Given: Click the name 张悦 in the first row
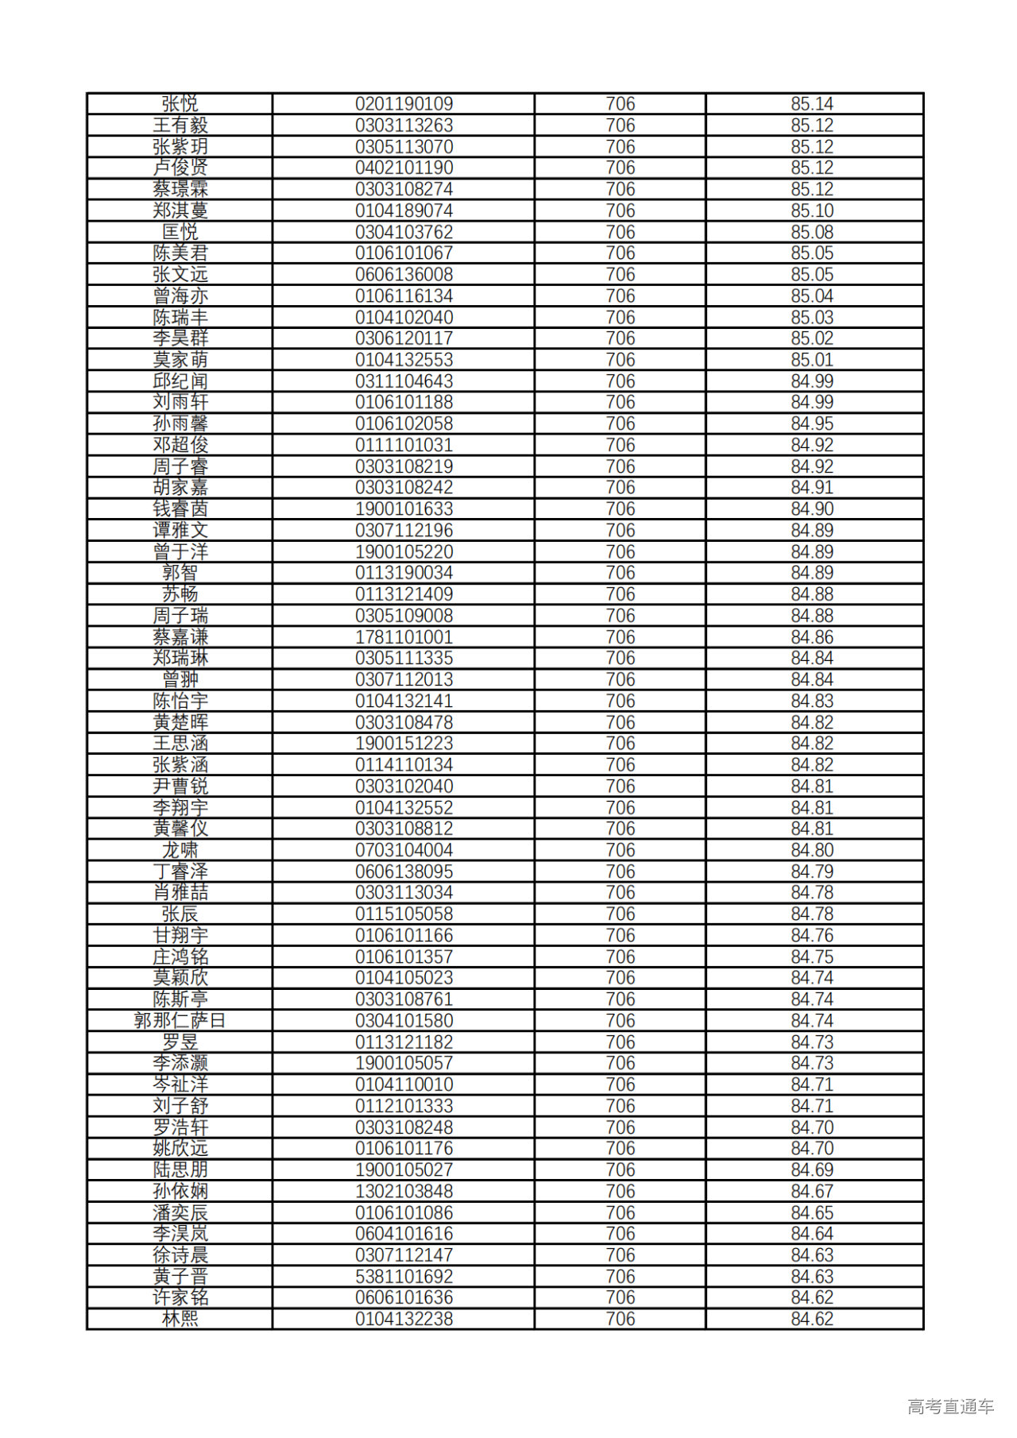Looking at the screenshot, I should click(x=180, y=104).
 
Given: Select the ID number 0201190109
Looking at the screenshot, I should click(x=404, y=104).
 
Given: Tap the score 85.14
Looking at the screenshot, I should click(x=811, y=104).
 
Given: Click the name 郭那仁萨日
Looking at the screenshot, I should click(x=180, y=1021).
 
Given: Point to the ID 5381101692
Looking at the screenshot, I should click(x=404, y=1277).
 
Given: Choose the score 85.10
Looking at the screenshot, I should click(x=811, y=211).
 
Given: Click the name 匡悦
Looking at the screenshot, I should click(x=180, y=232).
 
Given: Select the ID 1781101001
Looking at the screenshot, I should click(x=404, y=637).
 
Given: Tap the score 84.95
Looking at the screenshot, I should click(x=811, y=423).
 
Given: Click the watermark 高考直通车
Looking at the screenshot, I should click(x=950, y=1406).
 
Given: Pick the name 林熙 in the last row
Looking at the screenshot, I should click(x=180, y=1319).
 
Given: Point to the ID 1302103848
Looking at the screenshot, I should click(x=404, y=1191).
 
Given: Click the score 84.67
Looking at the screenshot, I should click(x=811, y=1191).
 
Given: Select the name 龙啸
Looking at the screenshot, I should click(x=180, y=850).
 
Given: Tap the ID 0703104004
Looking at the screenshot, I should click(x=404, y=850).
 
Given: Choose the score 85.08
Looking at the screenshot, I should click(x=811, y=232).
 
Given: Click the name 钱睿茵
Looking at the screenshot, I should click(x=180, y=509).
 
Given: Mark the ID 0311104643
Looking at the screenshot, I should click(x=404, y=381).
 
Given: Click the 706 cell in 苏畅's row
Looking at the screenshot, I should click(x=620, y=594).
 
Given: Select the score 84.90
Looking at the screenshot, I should click(x=811, y=509).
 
